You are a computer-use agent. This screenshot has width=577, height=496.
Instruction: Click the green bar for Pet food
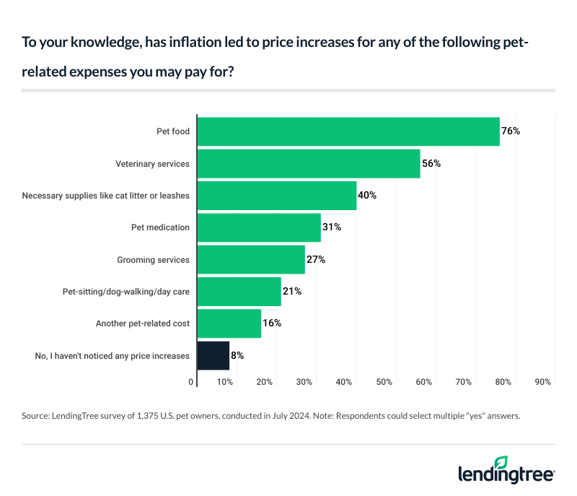[x=348, y=131]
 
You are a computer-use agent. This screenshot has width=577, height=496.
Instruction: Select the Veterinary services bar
[x=309, y=164]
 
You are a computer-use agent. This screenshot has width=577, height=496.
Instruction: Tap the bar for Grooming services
[x=251, y=259]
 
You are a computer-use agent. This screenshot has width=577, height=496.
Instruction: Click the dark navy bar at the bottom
[x=213, y=355]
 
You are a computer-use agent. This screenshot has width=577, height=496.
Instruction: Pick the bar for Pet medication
[x=259, y=227]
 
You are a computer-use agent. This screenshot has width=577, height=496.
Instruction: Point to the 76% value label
[x=511, y=131]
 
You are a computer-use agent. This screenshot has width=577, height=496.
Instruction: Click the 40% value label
[x=368, y=196]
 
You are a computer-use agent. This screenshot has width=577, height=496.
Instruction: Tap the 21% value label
[x=292, y=291]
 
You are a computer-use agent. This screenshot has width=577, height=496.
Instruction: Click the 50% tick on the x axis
[x=384, y=381]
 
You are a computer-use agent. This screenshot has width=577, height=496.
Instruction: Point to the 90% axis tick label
[x=543, y=381]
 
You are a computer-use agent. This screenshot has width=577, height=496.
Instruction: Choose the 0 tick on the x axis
[x=192, y=381]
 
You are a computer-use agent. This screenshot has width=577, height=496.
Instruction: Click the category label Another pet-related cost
[x=143, y=323]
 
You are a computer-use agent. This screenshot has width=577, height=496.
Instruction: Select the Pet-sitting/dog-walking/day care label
[x=126, y=292]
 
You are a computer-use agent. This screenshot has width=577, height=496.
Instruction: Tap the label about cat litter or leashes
[x=106, y=196]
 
